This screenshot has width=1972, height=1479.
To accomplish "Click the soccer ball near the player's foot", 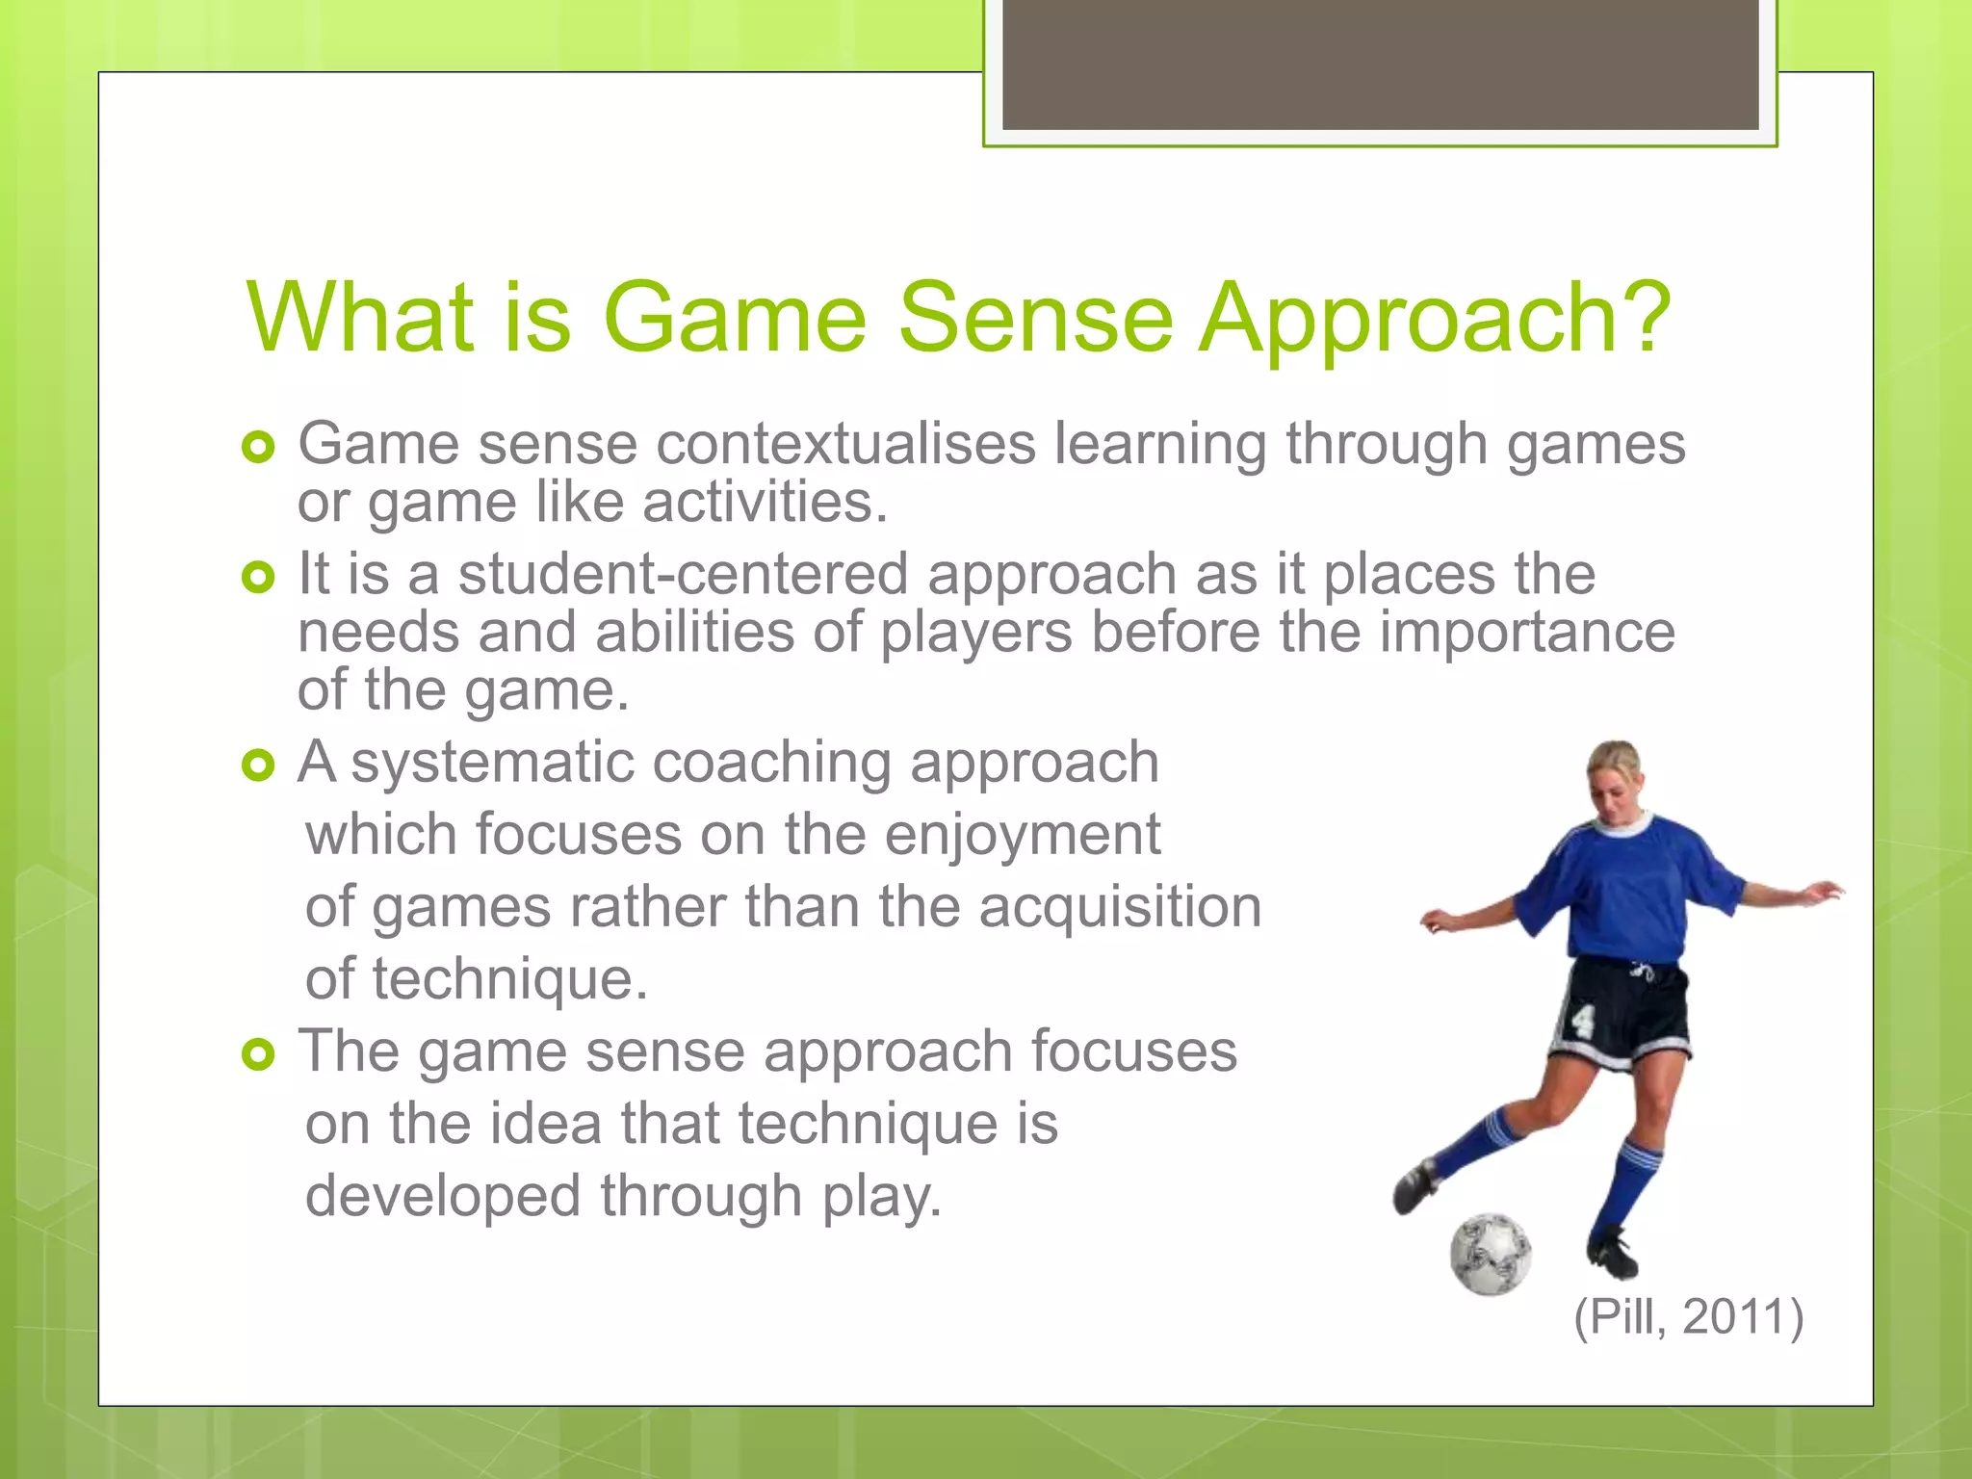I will coord(1490,1254).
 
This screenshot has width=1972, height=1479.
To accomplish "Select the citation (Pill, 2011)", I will coord(1688,1316).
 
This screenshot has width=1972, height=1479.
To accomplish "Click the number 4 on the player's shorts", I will coord(1582,1020).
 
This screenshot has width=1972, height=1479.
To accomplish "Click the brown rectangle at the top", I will coord(1380,64).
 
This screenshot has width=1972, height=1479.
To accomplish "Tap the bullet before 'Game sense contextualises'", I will coord(258,447).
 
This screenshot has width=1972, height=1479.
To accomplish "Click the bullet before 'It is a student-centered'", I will coord(258,577).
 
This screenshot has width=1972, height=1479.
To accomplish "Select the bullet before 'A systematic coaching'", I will coord(258,765).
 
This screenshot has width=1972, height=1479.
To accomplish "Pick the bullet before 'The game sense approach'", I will coord(258,1054).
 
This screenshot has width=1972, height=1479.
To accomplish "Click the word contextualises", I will coord(846,444).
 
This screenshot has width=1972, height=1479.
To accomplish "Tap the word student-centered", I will coord(683,574).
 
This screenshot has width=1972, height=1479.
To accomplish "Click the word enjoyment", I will coord(1022,835).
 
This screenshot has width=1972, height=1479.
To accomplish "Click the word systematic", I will coord(492,763).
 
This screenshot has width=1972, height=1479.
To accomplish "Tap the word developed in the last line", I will coord(443,1196).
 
